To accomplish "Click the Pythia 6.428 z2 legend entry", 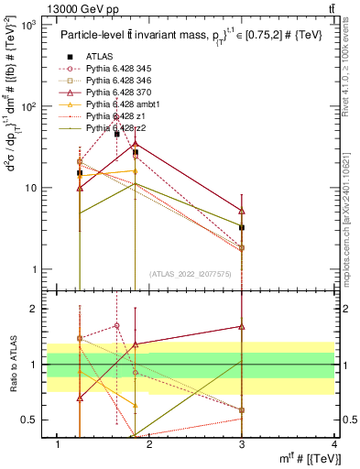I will (x=120, y=128).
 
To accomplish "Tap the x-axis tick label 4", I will (x=334, y=444).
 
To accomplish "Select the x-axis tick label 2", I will (x=150, y=444).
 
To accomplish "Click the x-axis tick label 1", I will (x=59, y=444).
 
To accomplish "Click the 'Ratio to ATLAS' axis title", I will (x=14, y=365).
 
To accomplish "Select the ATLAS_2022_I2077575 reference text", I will (x=191, y=274).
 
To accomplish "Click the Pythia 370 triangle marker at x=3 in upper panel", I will (x=242, y=211).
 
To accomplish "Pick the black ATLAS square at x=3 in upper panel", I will (x=242, y=227).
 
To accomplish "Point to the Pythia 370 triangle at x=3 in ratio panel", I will (x=242, y=326).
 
